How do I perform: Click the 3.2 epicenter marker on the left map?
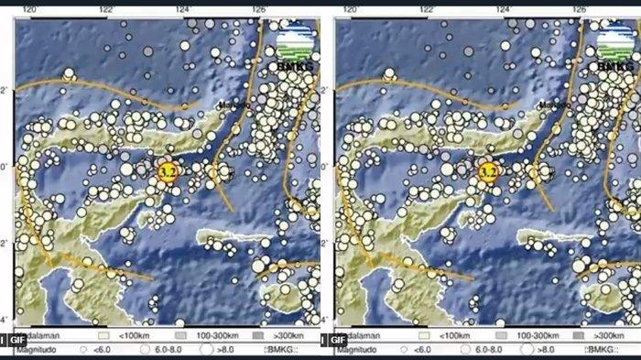tap(168, 170)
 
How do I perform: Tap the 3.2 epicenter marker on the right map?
tap(488, 170)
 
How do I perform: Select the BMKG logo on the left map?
tap(294, 49)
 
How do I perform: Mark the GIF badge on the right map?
tap(338, 339)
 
